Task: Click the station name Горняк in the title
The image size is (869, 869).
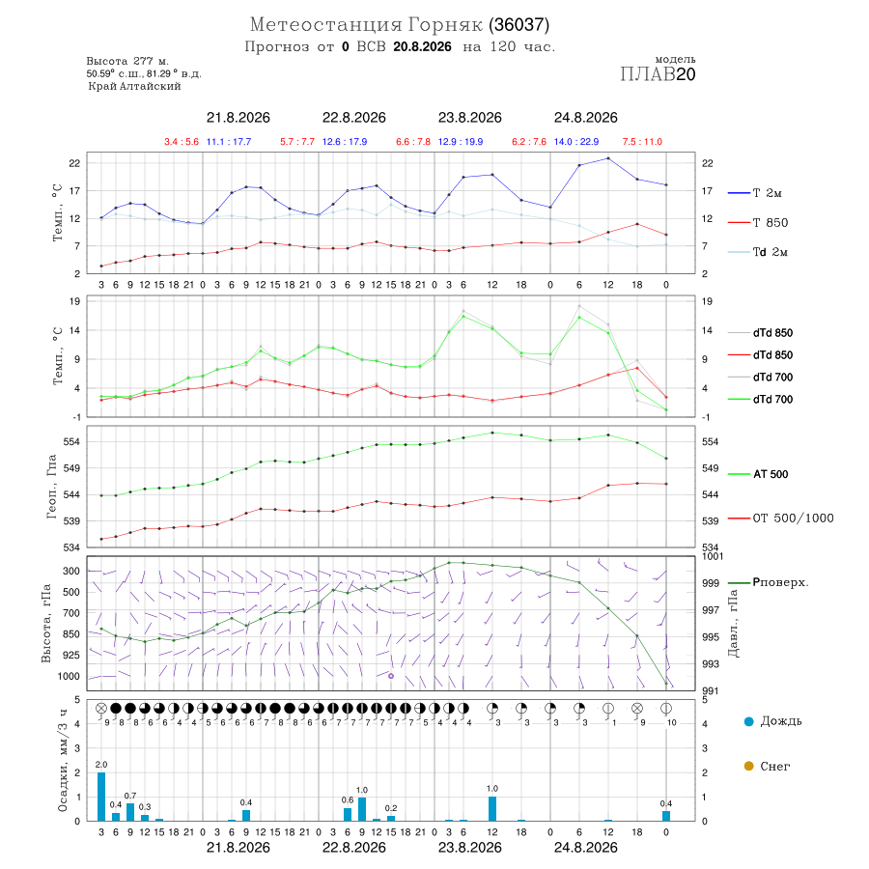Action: point(445,25)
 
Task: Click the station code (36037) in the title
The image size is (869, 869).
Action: point(519,25)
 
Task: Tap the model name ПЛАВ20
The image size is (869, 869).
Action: point(658,74)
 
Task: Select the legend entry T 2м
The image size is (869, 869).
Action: point(767,193)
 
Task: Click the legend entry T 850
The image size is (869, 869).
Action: point(770,223)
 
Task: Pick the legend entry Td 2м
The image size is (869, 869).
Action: point(770,252)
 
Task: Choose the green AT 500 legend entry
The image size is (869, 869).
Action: point(771,474)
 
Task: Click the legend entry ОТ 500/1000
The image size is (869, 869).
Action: point(793,519)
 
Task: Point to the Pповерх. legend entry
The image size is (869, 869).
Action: point(780,582)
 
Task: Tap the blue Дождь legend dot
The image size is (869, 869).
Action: point(748,721)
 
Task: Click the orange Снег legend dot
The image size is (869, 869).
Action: point(748,766)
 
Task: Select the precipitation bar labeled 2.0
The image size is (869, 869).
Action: point(101,797)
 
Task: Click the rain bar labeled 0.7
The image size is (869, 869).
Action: point(130,812)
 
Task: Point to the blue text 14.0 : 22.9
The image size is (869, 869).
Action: point(576,142)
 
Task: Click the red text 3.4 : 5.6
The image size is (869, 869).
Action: point(182,142)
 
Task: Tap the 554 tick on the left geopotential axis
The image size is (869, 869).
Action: point(72,441)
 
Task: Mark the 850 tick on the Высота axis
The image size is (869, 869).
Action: point(71,634)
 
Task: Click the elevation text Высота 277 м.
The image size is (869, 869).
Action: point(127,61)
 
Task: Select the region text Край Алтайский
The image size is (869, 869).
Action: point(134,87)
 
